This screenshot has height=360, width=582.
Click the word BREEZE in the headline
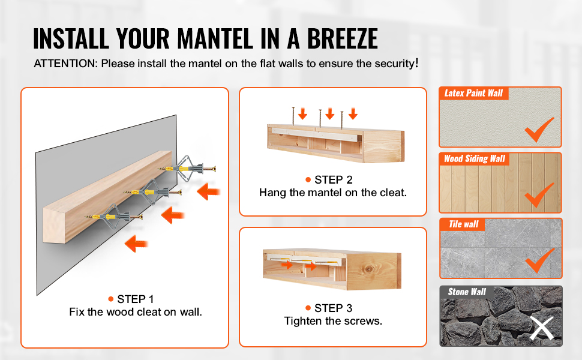click(x=342, y=38)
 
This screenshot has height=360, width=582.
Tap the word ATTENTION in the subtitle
click(x=65, y=64)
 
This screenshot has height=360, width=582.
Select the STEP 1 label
click(x=135, y=299)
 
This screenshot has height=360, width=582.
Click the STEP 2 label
click(x=334, y=180)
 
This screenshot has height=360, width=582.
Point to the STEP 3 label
click(x=334, y=308)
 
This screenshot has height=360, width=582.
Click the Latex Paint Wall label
click(x=473, y=93)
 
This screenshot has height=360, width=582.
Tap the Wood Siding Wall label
click(x=475, y=159)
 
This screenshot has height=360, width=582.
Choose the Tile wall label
click(x=464, y=224)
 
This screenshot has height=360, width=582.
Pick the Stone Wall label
click(x=467, y=292)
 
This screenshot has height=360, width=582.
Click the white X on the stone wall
click(x=541, y=328)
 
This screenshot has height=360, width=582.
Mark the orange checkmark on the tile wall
click(x=539, y=262)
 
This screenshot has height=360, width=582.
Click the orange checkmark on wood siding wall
click(x=538, y=196)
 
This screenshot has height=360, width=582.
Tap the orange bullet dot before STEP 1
click(x=110, y=299)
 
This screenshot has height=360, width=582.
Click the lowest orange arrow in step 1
click(x=136, y=244)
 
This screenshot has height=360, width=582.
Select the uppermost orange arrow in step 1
click(x=209, y=192)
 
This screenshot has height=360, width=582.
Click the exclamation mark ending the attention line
click(x=417, y=63)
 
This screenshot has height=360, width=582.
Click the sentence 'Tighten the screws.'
click(x=334, y=321)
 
